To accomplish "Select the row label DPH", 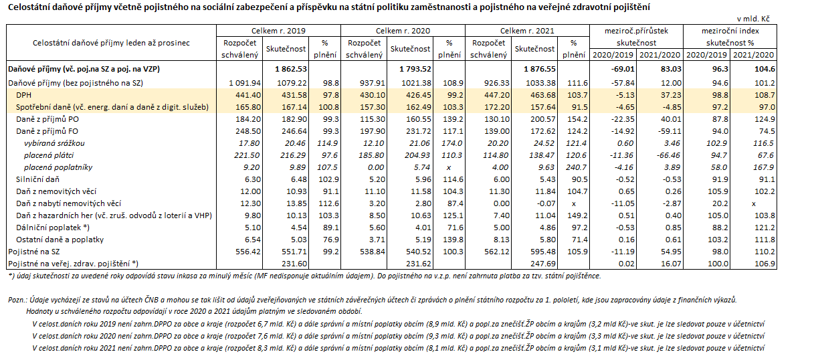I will pos(23,96).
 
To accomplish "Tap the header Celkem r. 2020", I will pos(403,31).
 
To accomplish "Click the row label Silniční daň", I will pos(38,179).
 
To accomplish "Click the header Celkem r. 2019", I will pos(278,31).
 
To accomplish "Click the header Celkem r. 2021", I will pos(527,31).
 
